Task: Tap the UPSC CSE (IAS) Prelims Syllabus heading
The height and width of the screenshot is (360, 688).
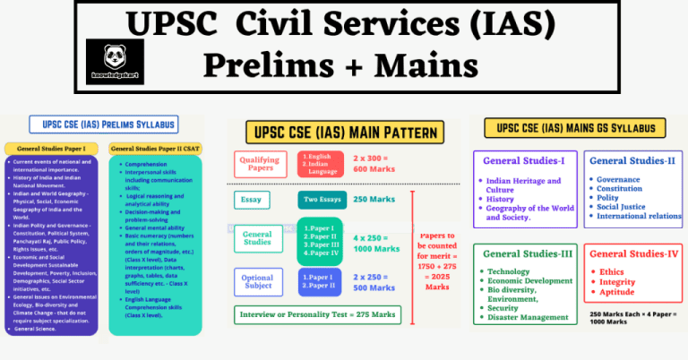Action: tap(102, 124)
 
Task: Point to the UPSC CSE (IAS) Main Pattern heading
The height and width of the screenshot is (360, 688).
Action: tap(343, 135)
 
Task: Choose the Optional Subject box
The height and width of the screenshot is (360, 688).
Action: tap(259, 282)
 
